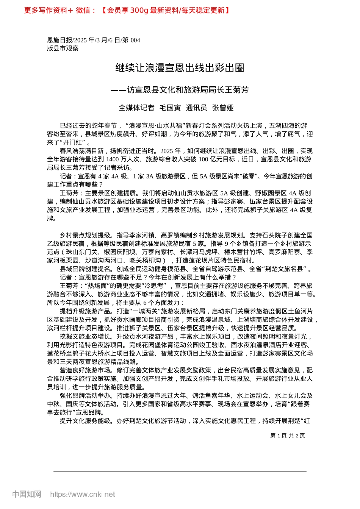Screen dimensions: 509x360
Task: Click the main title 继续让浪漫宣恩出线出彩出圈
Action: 180,68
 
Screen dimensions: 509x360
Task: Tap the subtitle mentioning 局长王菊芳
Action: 180,90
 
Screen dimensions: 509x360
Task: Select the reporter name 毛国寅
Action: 170,108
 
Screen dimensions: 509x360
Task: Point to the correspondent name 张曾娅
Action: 223,108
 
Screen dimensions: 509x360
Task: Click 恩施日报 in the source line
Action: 59,40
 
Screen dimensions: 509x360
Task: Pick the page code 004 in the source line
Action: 135,40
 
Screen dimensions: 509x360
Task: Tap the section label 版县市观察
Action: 63,48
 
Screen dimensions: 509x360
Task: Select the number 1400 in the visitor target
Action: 113,159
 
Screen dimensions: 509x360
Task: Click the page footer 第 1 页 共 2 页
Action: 287,436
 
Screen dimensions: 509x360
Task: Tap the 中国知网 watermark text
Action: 27,494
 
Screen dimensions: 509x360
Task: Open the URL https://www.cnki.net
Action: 82,494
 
